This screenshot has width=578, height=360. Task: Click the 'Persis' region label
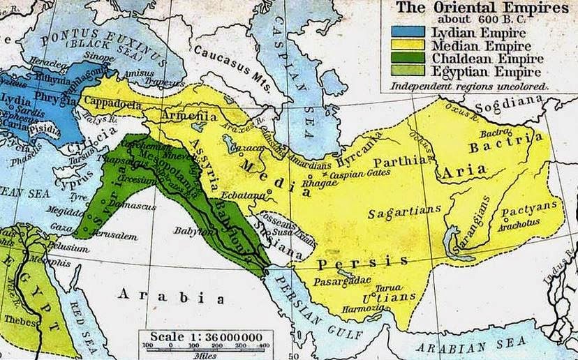(x=362, y=262)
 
